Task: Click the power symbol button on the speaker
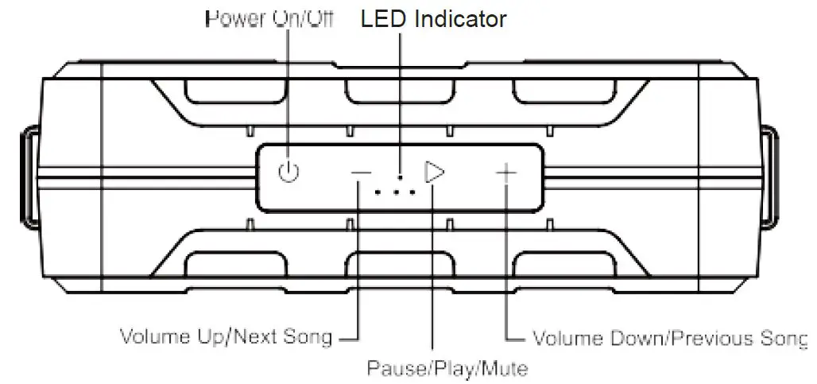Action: pyautogui.click(x=290, y=172)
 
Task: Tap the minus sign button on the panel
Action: pyautogui.click(x=361, y=173)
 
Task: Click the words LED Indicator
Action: pyautogui.click(x=433, y=19)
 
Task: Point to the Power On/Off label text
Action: pyautogui.click(x=270, y=19)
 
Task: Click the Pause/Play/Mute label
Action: pyautogui.click(x=447, y=369)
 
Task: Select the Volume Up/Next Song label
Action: pyautogui.click(x=226, y=336)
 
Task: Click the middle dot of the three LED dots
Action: pyautogui.click(x=395, y=192)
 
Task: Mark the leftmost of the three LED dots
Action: pyautogui.click(x=378, y=192)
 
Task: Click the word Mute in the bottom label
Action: pyautogui.click(x=509, y=369)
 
